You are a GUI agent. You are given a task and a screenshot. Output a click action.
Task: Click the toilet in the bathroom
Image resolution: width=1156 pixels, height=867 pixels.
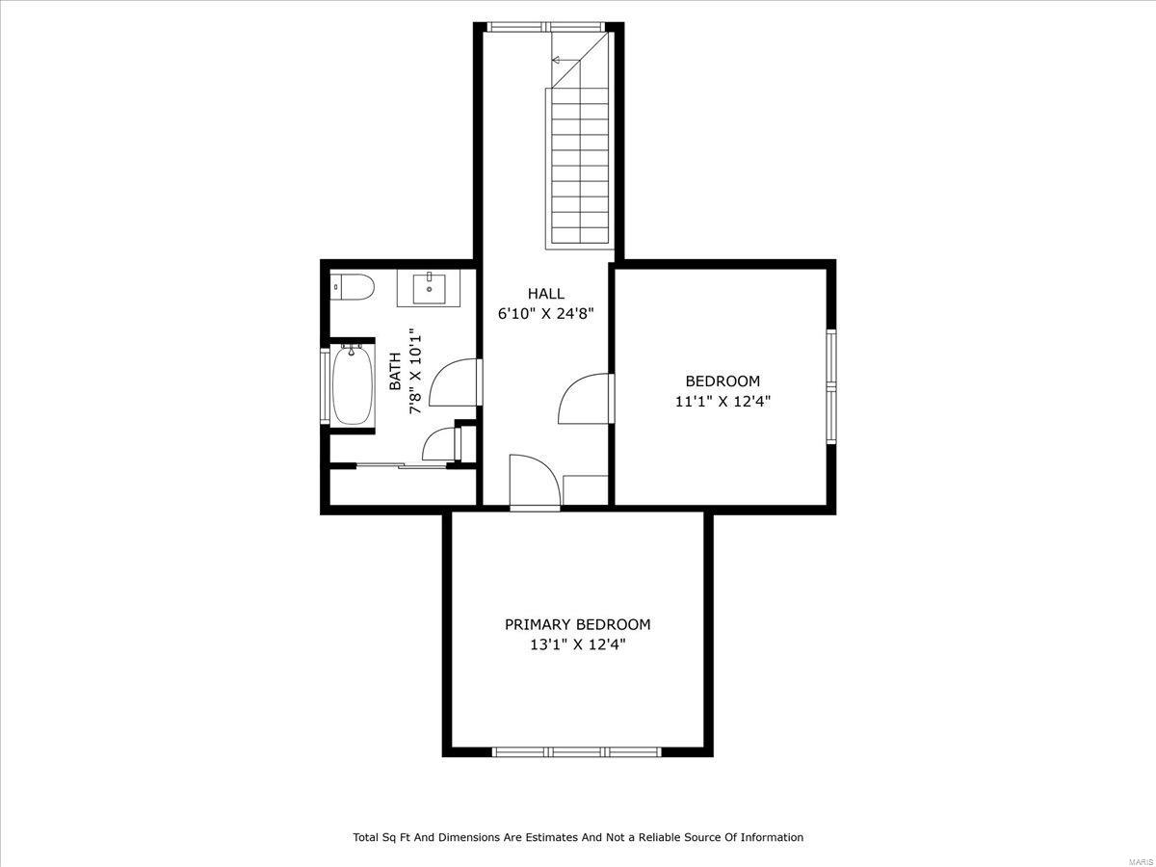(353, 287)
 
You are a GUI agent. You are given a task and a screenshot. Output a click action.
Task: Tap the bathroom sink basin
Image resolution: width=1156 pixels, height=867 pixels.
(430, 288)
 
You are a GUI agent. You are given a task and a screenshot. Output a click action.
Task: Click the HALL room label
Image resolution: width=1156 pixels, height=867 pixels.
(546, 293)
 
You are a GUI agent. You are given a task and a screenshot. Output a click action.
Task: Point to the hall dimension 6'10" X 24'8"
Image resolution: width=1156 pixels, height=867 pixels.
(546, 314)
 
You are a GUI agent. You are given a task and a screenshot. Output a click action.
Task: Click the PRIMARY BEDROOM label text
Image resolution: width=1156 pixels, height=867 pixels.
(578, 624)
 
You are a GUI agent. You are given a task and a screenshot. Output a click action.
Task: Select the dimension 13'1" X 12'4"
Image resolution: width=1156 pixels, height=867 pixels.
(578, 644)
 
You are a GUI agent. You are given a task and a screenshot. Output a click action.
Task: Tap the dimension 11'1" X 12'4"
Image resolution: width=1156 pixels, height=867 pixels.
(723, 402)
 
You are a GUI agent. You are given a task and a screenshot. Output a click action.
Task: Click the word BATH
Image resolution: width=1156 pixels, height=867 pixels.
(395, 371)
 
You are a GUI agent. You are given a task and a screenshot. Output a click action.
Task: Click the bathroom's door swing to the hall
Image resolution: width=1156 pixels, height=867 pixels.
(455, 382)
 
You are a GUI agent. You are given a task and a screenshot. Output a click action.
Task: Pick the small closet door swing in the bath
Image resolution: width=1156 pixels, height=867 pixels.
(441, 444)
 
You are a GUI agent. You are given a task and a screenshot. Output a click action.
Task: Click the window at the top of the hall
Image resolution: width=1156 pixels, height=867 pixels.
(545, 27)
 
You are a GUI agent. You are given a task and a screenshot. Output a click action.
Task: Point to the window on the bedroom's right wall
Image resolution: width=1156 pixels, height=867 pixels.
(831, 387)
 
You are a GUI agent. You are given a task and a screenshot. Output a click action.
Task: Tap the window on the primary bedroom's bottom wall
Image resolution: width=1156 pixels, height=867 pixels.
(577, 751)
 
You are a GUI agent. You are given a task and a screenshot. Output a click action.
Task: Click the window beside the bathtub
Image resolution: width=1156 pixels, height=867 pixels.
(325, 386)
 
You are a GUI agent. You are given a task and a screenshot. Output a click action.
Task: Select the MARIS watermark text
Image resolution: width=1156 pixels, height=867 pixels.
(1142, 862)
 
